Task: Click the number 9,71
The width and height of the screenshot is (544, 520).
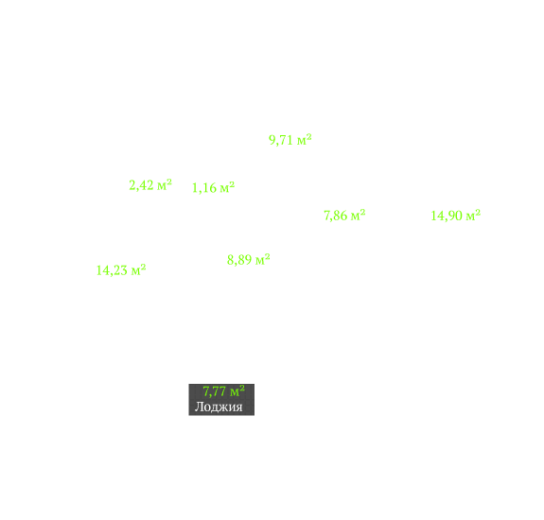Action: pos(281,140)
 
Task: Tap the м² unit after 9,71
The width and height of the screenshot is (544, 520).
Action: pos(305,139)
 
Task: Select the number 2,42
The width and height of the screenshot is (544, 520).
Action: pos(141,185)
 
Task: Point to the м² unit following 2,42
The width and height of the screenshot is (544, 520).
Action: pos(165,184)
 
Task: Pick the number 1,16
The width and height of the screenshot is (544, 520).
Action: pos(204,188)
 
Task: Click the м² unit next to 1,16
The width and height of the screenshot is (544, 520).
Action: pos(227,187)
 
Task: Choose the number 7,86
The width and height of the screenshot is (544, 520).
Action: pos(336,216)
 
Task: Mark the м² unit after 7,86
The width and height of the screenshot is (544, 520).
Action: pos(358,215)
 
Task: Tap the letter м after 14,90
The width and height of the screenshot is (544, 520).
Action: pos(470,217)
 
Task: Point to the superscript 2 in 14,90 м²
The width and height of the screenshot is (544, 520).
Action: pos(478,212)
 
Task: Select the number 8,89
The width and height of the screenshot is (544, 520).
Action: pos(239,260)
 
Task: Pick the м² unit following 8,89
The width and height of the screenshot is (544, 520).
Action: pos(263,259)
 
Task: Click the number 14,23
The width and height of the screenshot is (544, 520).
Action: pos(112,270)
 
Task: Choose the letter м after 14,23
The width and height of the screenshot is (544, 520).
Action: pos(135,271)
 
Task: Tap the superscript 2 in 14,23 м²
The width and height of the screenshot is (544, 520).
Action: pos(143,267)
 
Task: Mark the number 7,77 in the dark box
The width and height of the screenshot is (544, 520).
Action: pos(215,391)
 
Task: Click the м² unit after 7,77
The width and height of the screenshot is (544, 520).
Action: pos(237,391)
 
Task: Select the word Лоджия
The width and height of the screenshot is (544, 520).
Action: pos(219,407)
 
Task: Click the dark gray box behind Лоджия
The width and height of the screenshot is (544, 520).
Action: pos(221,399)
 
